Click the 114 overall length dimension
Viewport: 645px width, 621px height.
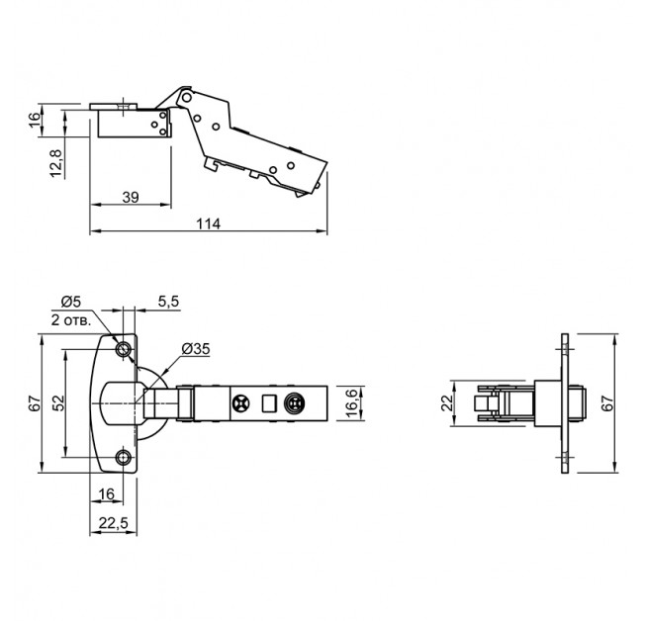click(208, 224)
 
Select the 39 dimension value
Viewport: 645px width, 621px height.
click(131, 198)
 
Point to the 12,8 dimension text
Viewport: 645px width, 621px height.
click(56, 164)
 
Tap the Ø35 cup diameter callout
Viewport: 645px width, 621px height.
click(196, 349)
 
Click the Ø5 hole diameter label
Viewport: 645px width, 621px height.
click(71, 302)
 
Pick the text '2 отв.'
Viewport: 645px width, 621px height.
click(70, 320)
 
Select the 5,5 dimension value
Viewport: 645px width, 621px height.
click(168, 302)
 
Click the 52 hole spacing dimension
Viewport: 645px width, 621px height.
click(58, 403)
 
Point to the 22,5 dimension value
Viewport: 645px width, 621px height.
click(114, 523)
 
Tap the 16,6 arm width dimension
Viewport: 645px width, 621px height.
click(353, 403)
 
